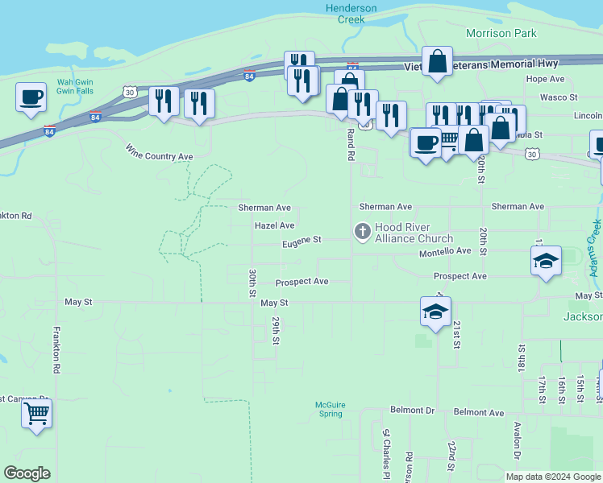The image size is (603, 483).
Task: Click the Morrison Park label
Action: (x=501, y=33)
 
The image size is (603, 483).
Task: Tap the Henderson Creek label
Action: (x=351, y=14)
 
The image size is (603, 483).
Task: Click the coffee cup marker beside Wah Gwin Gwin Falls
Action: (x=31, y=97)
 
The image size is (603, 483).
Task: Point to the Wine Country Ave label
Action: (x=159, y=151)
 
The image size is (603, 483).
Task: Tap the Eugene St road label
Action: (x=301, y=241)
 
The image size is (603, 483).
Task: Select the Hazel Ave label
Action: (x=274, y=226)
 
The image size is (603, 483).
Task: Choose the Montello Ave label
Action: (x=444, y=251)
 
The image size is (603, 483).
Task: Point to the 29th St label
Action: (x=276, y=331)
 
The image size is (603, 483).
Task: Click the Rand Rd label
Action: (x=351, y=145)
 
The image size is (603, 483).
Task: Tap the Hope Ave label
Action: (x=545, y=79)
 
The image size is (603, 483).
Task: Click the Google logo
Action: (x=27, y=473)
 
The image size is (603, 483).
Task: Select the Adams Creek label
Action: (x=596, y=249)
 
